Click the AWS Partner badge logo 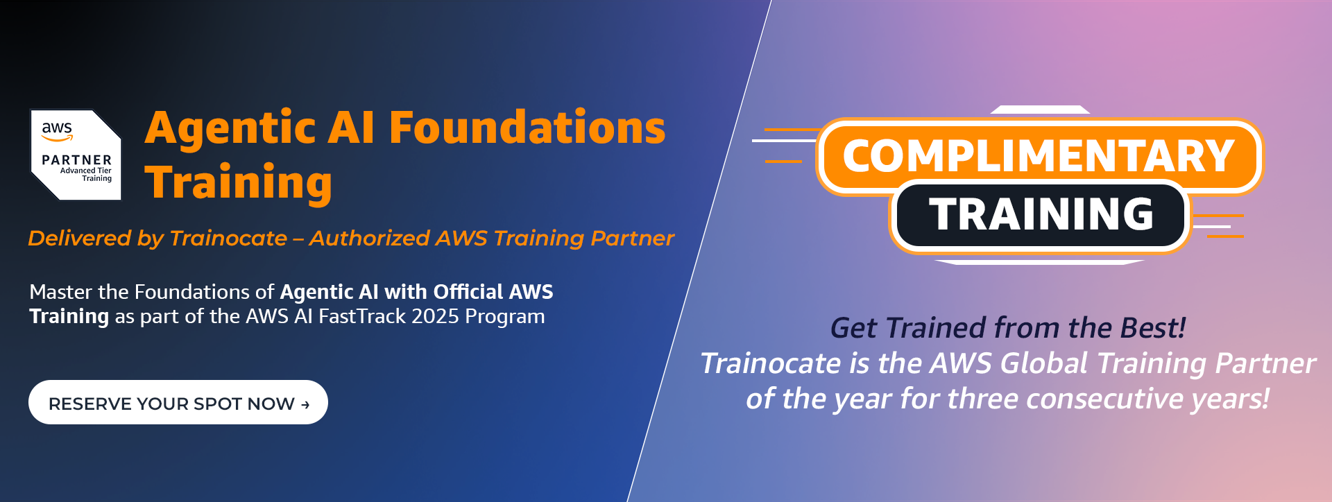click(76, 155)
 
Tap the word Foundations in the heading click(527, 128)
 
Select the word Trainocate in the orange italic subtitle click(228, 239)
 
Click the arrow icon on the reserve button click(305, 404)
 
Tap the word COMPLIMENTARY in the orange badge click(1038, 156)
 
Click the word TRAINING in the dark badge click(1041, 214)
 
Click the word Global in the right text click(1044, 363)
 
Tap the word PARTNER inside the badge click(76, 160)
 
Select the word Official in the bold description click(468, 292)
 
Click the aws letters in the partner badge click(57, 129)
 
